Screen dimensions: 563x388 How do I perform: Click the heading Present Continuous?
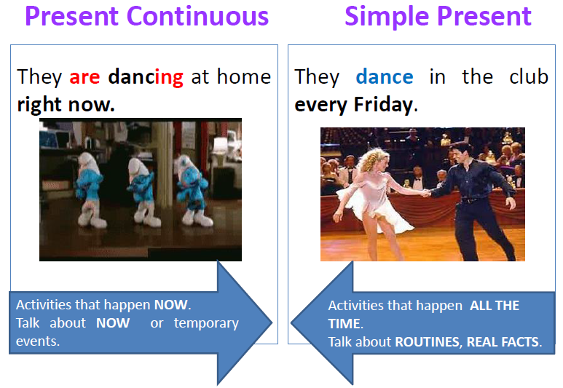(x=147, y=16)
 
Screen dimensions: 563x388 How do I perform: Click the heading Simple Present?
(x=438, y=17)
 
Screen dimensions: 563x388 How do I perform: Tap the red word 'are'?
(x=84, y=77)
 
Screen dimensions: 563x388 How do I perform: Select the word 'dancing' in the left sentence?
(x=146, y=77)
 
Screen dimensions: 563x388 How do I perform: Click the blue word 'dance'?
(x=385, y=77)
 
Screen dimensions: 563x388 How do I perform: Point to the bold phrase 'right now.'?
(x=66, y=104)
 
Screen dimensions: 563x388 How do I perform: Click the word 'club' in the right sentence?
(x=529, y=76)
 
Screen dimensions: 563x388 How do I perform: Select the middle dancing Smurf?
(x=144, y=192)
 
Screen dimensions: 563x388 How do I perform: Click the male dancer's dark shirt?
(x=474, y=180)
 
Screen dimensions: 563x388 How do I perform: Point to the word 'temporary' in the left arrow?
(x=206, y=323)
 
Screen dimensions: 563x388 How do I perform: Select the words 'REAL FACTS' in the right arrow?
(x=503, y=341)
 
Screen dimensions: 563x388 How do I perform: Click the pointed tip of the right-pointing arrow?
(x=272, y=322)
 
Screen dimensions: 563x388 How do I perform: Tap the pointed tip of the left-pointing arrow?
(x=291, y=322)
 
